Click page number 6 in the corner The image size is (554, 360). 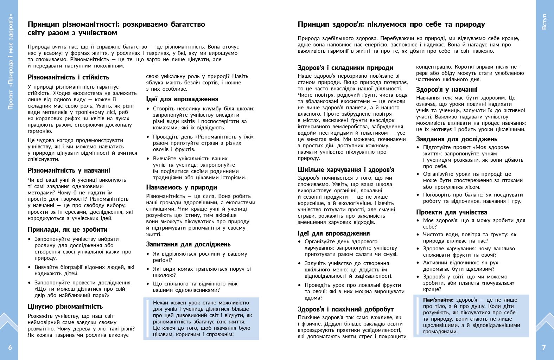(10, 348)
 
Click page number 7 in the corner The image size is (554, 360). (544, 348)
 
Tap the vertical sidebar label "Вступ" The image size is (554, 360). (544, 22)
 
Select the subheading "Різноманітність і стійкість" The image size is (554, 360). (68, 77)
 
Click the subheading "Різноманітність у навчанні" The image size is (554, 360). (69, 171)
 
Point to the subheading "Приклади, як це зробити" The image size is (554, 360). (68, 230)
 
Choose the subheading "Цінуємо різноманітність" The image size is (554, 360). (65, 307)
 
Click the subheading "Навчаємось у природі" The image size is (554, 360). (182, 187)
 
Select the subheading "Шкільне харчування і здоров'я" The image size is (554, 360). (346, 170)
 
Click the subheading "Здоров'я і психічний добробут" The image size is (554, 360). (345, 309)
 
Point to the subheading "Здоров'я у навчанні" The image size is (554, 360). (447, 90)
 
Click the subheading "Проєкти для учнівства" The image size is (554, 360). (452, 212)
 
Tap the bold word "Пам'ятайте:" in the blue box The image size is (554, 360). (438, 300)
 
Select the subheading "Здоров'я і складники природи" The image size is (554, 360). (345, 68)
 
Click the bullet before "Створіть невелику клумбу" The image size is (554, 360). (148, 109)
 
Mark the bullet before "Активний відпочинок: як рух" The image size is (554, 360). (418, 263)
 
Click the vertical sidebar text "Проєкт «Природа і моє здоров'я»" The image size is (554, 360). (10, 62)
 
